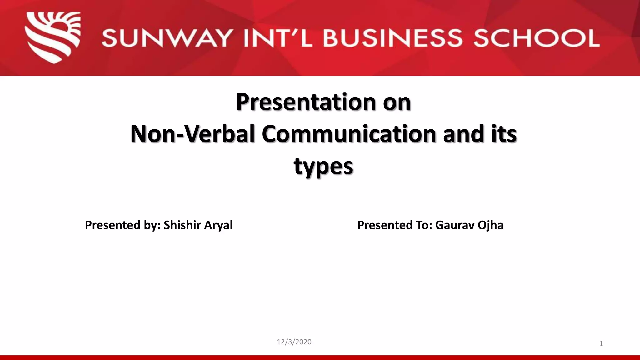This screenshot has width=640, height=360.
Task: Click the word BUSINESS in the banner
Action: click(x=392, y=38)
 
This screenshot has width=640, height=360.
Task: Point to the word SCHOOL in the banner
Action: click(x=536, y=38)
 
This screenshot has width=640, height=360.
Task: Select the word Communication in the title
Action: click(x=349, y=134)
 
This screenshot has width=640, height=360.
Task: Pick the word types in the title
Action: click(x=323, y=166)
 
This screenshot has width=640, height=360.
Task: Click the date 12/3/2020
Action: click(x=294, y=342)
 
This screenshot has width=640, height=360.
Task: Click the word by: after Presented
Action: click(x=152, y=225)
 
